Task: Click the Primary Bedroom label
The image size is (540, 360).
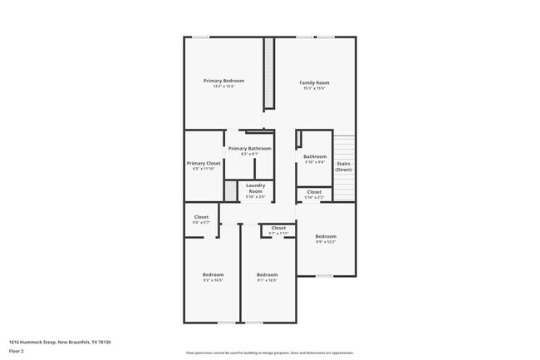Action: [x=223, y=81]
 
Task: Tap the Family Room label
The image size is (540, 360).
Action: [x=314, y=82]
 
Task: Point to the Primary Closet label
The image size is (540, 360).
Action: [x=204, y=163]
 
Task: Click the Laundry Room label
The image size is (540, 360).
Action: [x=255, y=188]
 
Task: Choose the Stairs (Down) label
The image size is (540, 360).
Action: [x=343, y=166]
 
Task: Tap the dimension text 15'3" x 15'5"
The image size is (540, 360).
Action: [x=314, y=88]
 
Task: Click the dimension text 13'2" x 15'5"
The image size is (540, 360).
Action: [x=223, y=86]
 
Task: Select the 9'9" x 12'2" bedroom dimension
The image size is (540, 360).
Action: [x=326, y=242]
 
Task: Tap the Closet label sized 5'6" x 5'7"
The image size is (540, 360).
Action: [x=201, y=217]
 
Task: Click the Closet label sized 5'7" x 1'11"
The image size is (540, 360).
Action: [x=277, y=228]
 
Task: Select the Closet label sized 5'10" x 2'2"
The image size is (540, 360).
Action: [x=314, y=192]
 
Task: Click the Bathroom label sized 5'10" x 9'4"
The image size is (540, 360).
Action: [x=315, y=156]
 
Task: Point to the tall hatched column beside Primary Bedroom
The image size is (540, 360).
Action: [x=268, y=72]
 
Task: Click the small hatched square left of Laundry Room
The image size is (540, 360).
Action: [x=230, y=190]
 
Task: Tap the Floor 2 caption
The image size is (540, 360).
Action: [x=17, y=352]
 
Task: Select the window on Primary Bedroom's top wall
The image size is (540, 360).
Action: [x=200, y=37]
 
